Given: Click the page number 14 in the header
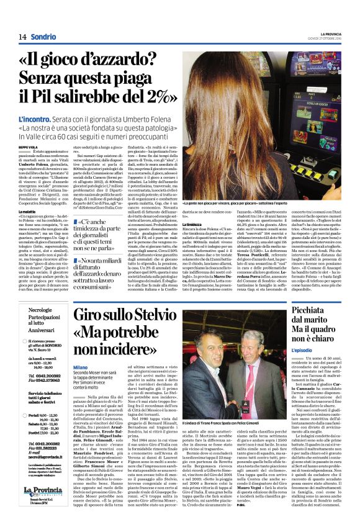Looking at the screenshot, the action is pos(22,38).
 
